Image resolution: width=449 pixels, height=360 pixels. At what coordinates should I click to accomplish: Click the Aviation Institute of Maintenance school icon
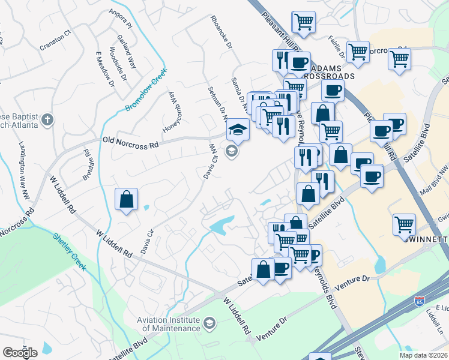(209, 324)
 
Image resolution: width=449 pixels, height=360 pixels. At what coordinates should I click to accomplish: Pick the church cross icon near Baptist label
(47, 119)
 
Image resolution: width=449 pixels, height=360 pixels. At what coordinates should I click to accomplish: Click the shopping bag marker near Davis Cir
(127, 199)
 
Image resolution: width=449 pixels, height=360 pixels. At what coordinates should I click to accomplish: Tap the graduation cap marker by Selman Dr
(238, 129)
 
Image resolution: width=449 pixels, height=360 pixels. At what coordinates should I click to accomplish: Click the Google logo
(20, 353)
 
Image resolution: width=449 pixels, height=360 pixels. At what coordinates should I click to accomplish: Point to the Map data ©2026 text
(423, 355)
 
